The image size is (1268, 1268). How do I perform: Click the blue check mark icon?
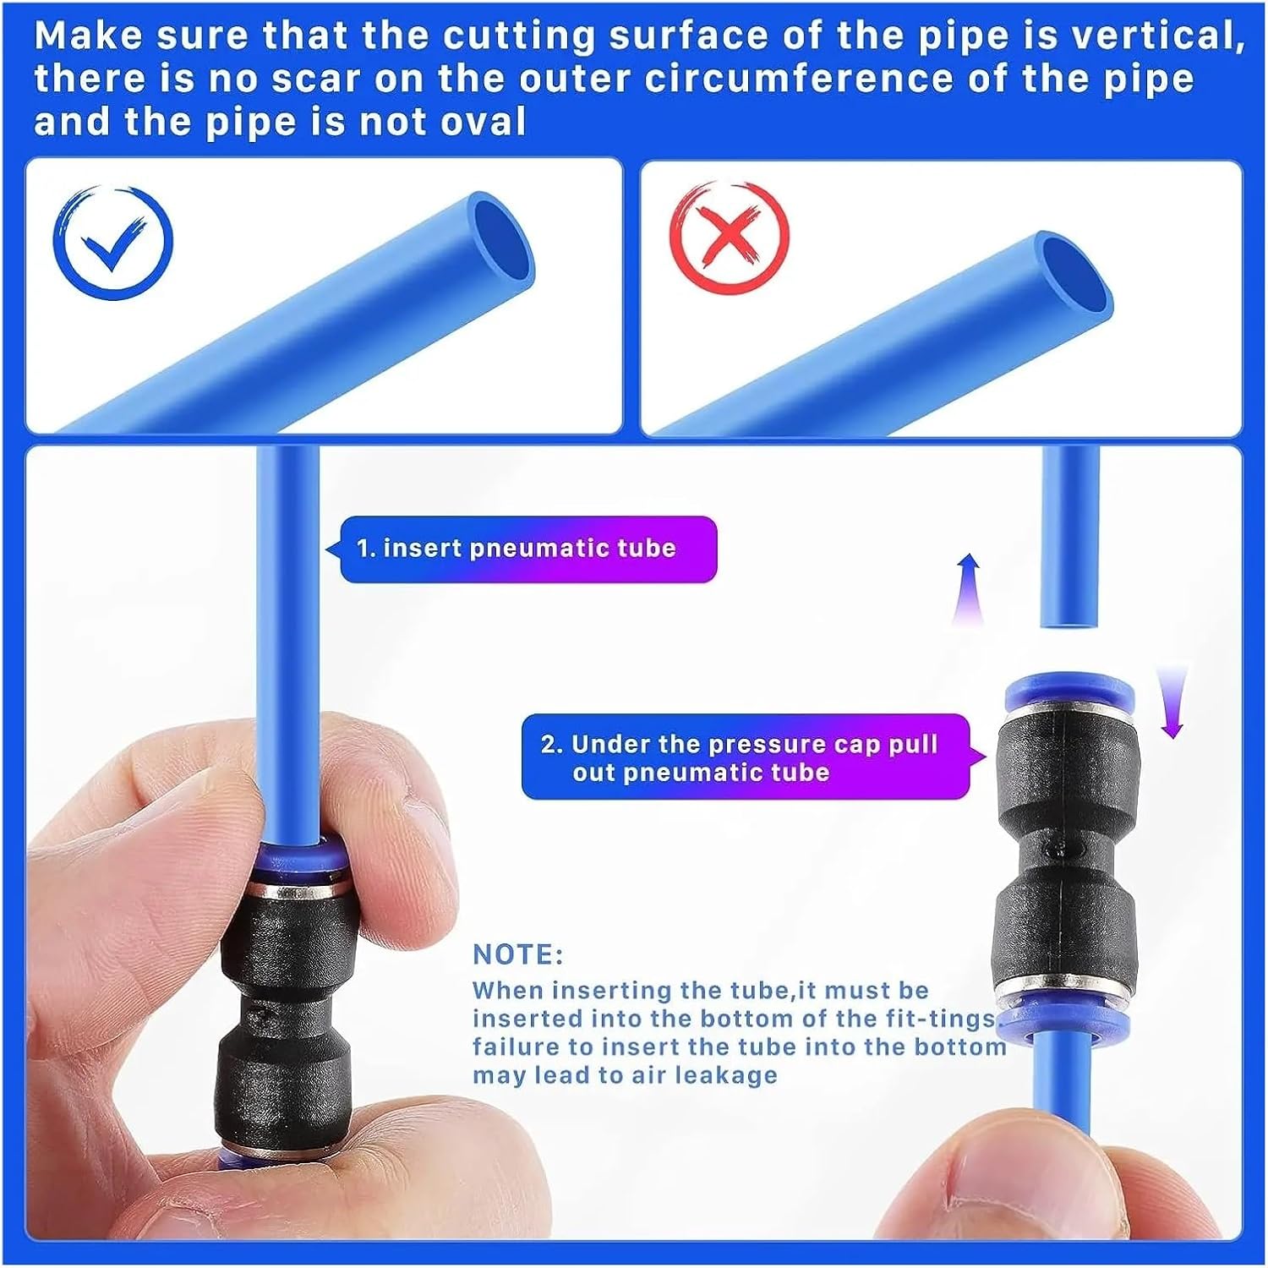point(112,242)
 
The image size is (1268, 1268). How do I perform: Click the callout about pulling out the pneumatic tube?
point(744,757)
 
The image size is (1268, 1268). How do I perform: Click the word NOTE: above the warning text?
point(517,954)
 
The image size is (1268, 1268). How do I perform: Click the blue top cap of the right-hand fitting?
point(1070,688)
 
